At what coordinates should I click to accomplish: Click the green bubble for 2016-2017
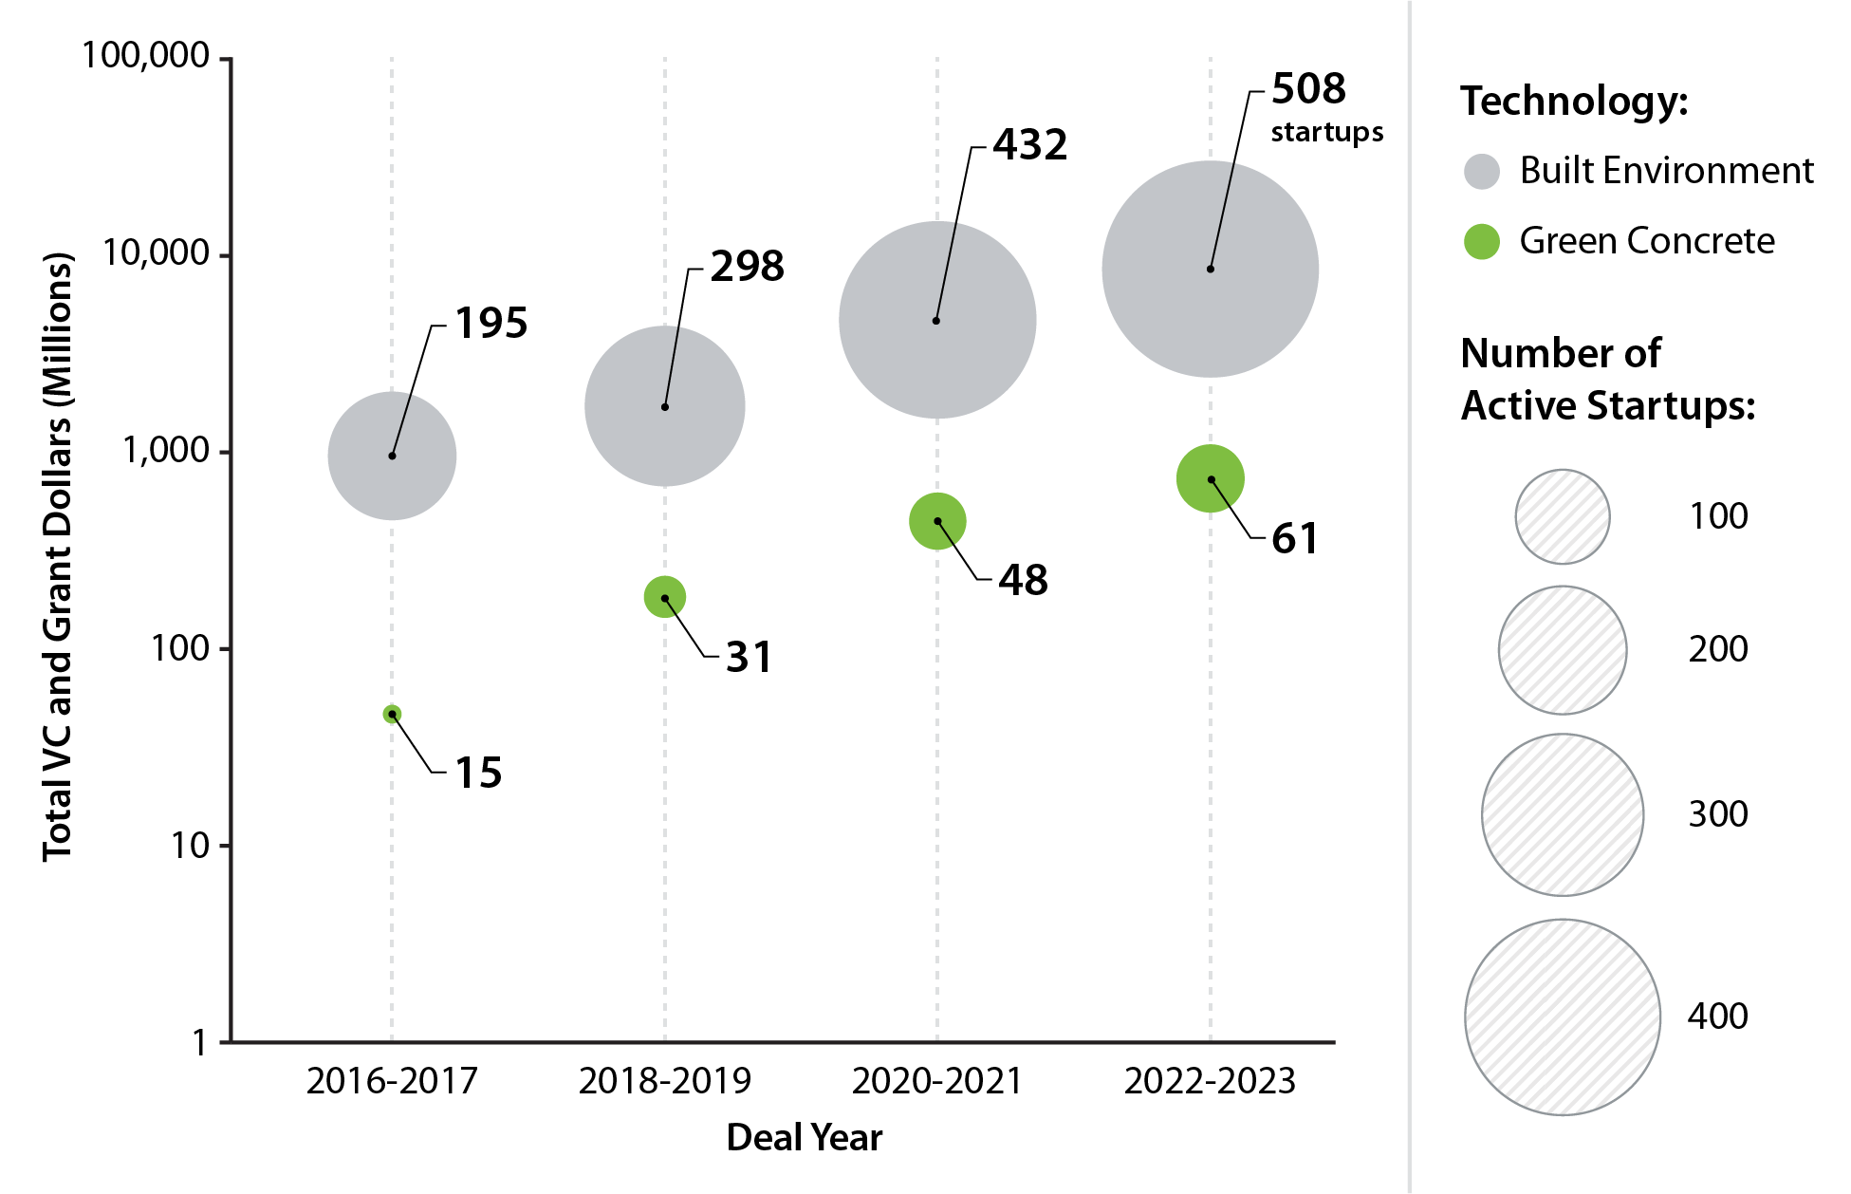pos(392,714)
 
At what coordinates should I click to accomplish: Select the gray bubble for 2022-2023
pos(1210,270)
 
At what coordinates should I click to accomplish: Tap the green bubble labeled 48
pos(937,521)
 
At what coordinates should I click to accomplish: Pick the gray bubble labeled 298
pos(664,406)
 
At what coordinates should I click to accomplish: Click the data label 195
pos(491,324)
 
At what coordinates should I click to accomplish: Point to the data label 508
pos(1308,89)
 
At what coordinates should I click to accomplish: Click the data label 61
pos(1294,539)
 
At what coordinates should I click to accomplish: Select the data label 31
pos(749,657)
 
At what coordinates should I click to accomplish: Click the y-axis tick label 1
pos(199,1043)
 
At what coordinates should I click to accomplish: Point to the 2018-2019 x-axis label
pos(664,1081)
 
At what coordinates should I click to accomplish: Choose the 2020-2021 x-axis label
pos(936,1081)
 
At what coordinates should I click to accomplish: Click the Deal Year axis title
pos(804,1137)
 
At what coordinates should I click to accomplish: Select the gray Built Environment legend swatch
pos(1481,172)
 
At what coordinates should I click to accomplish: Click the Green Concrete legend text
pos(1646,241)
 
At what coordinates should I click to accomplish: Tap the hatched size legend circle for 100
pos(1562,517)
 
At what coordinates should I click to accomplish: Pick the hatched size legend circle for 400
pos(1562,1017)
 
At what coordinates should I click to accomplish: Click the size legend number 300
pos(1717,814)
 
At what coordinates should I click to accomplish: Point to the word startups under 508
pos(1326,132)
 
